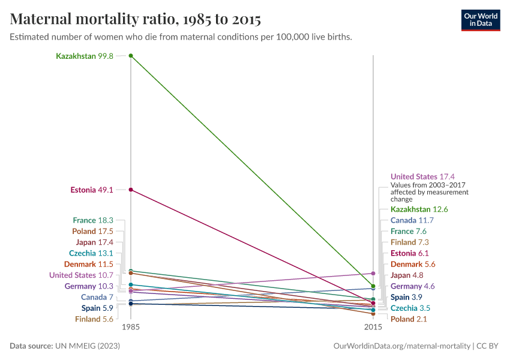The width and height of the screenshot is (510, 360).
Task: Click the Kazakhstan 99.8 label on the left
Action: (x=84, y=56)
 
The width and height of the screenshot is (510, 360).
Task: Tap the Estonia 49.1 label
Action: (x=92, y=190)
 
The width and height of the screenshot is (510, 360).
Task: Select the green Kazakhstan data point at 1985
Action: (x=131, y=56)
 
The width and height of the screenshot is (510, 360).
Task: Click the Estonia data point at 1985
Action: (x=131, y=190)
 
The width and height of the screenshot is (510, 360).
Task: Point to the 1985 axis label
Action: (x=131, y=328)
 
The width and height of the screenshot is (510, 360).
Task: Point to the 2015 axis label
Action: (x=373, y=328)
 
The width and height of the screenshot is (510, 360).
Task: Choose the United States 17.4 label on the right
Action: (x=422, y=177)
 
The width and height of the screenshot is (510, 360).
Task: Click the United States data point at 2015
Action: (x=373, y=274)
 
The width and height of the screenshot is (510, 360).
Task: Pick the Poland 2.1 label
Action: (x=409, y=319)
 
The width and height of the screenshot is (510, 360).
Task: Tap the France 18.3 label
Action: (x=93, y=220)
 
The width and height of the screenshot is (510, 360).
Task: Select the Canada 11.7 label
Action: (x=412, y=220)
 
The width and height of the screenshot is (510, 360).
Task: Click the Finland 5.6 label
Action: (x=94, y=319)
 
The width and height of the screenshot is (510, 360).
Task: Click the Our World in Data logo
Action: (x=480, y=20)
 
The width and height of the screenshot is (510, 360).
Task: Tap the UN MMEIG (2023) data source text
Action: (x=87, y=346)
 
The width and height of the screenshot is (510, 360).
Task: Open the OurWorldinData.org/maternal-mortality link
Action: (x=401, y=346)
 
